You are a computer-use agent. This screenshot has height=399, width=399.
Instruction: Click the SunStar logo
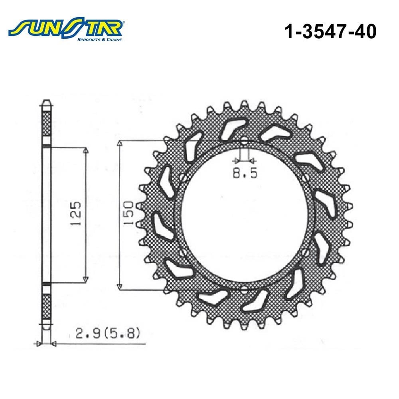(66, 29)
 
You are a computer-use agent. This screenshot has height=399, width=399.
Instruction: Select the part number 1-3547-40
(330, 32)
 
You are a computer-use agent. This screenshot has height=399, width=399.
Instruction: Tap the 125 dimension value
(76, 213)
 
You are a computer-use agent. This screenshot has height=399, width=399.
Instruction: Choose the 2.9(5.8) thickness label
(108, 334)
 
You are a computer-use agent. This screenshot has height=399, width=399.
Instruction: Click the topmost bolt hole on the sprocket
(244, 142)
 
